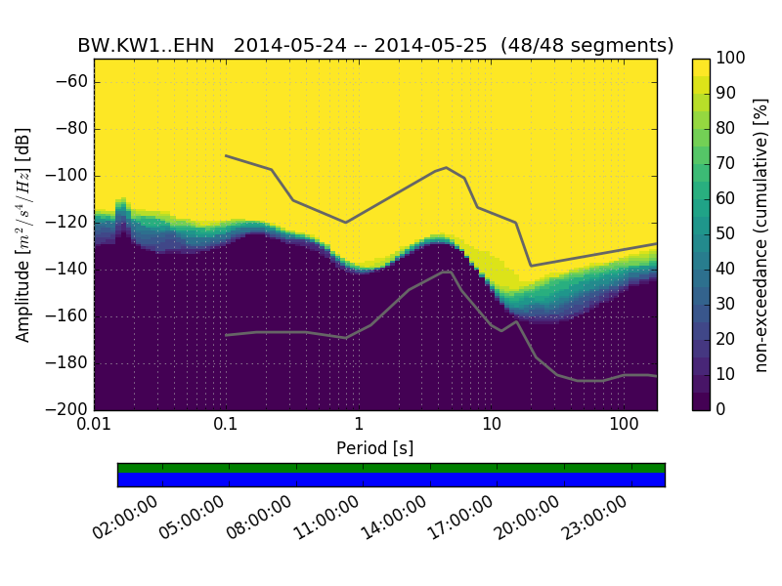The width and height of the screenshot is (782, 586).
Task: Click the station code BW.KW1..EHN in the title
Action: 148,46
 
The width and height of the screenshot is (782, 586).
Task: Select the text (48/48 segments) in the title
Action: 586,46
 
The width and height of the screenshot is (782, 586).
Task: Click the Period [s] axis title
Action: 375,448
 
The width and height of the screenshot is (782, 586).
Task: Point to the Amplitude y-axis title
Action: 23,234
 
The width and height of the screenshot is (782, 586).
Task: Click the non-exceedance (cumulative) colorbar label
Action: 761,234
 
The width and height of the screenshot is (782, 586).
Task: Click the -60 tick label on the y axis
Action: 70,82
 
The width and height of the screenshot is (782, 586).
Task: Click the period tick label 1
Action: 359,425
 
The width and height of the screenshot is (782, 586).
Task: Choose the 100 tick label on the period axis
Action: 624,425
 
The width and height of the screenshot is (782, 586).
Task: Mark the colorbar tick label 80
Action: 726,129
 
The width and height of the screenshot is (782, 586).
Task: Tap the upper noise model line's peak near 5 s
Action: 446,168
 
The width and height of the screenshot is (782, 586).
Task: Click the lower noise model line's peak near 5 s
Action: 448,272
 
